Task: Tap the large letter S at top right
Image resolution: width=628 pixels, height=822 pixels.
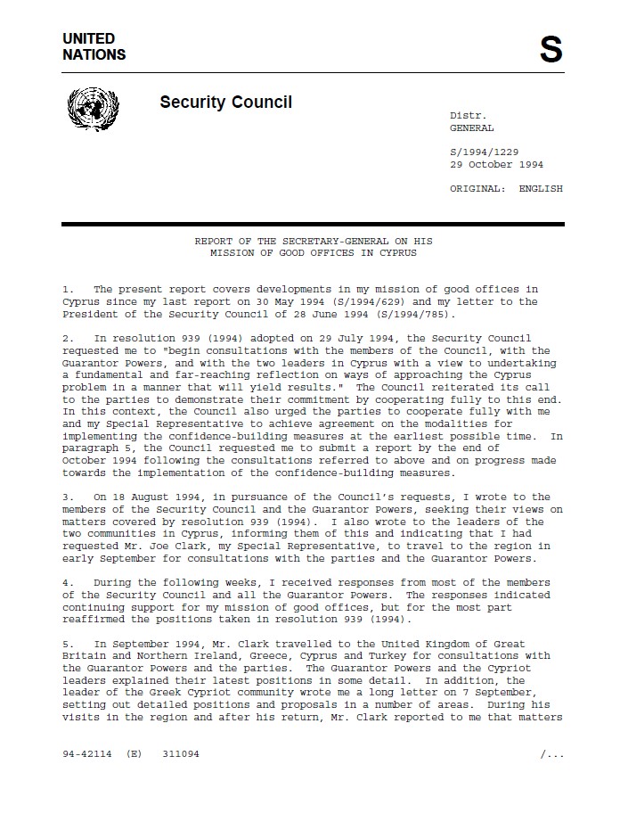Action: [551, 50]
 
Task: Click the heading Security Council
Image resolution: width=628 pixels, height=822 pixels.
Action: [225, 103]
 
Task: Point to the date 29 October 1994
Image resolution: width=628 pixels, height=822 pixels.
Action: [496, 165]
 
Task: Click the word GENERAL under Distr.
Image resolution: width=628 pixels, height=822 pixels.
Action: [471, 128]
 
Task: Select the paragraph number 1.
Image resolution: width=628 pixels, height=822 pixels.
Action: [67, 290]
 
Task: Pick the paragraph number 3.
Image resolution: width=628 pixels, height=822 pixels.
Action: [67, 497]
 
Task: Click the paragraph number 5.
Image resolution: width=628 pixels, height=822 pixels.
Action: [67, 644]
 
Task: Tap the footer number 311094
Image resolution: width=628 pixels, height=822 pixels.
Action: [181, 754]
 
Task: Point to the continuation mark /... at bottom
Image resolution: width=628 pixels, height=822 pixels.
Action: [551, 754]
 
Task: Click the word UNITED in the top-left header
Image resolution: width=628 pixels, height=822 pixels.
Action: [88, 38]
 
